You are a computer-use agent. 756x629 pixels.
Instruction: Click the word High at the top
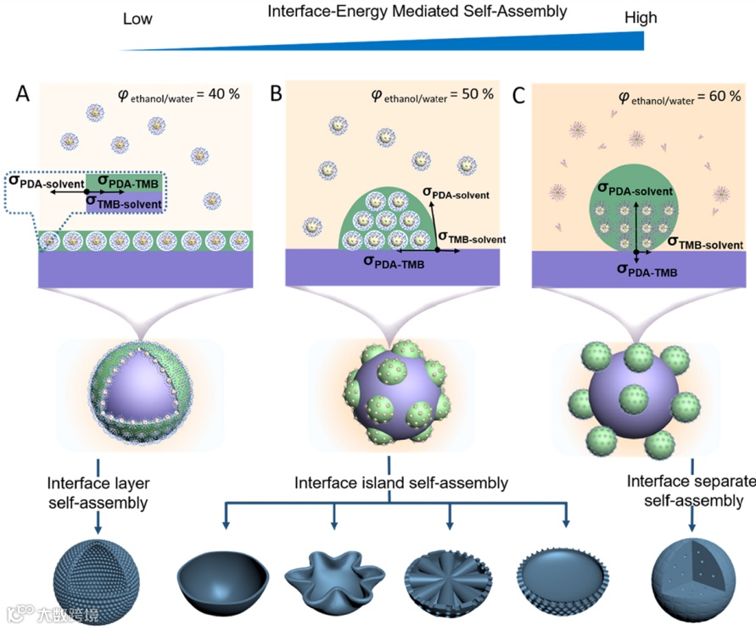click(640, 19)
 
